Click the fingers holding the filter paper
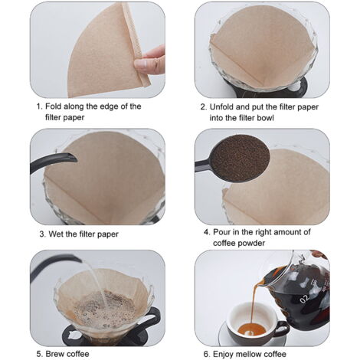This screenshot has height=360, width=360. [x=151, y=61]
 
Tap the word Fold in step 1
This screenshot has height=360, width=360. [x=53, y=106]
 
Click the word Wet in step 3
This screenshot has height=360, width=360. [x=56, y=234]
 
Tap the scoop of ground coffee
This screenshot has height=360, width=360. [x=240, y=159]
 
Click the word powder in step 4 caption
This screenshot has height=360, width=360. [x=252, y=243]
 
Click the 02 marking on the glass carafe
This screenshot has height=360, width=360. [x=304, y=299]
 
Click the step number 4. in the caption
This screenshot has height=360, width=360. [x=207, y=232]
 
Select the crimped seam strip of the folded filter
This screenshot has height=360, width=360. [x=136, y=44]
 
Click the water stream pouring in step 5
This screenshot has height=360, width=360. [x=97, y=283]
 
